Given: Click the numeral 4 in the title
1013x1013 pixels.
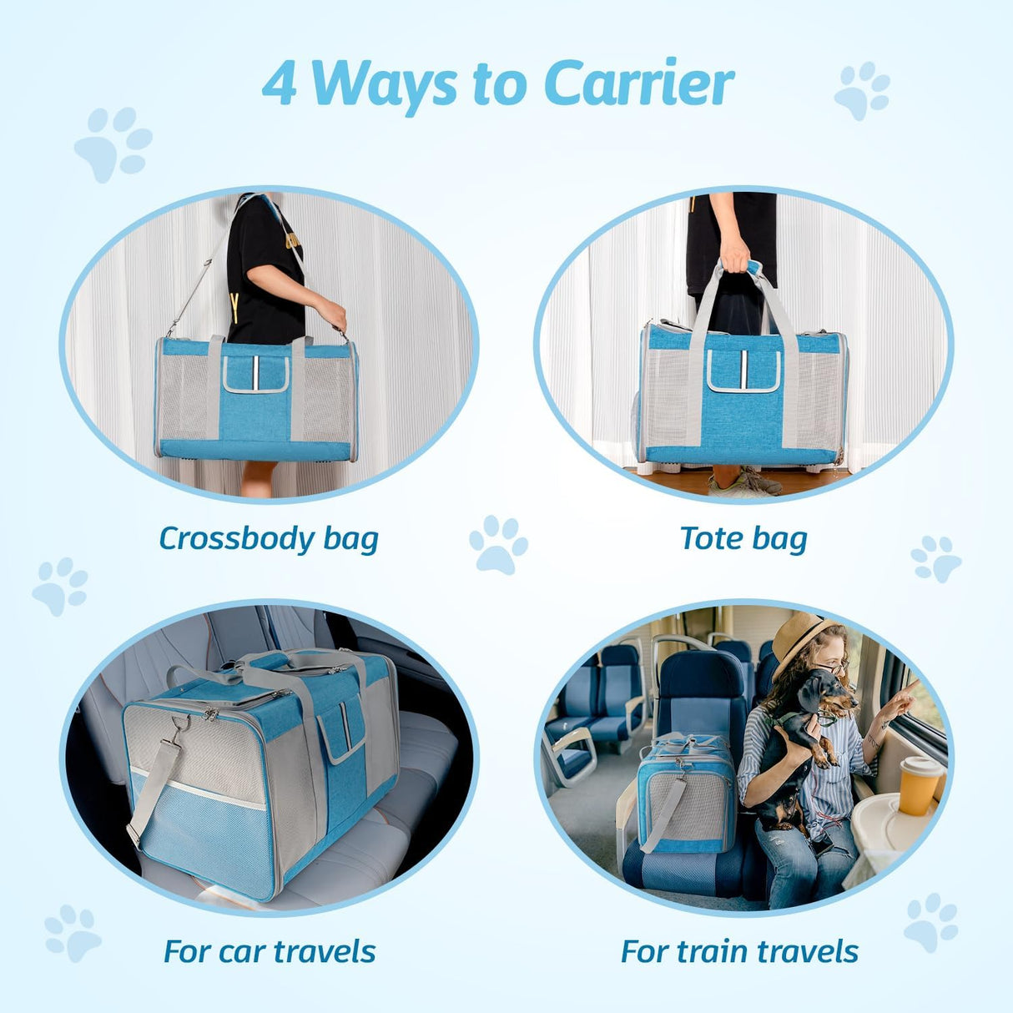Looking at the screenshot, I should pyautogui.click(x=280, y=86).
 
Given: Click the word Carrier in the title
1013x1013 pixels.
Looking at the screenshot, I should pyautogui.click(x=638, y=84).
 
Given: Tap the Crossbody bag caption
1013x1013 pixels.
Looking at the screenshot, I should pyautogui.click(x=269, y=538).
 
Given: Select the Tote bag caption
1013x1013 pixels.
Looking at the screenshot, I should pyautogui.click(x=743, y=538).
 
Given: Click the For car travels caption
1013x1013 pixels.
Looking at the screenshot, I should pyautogui.click(x=270, y=951).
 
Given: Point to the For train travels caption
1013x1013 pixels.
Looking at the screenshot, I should pyautogui.click(x=739, y=951).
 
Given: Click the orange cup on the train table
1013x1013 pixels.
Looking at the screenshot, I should pyautogui.click(x=918, y=784).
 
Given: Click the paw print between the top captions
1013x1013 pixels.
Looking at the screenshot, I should pyautogui.click(x=498, y=544).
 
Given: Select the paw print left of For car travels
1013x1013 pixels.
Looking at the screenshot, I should pyautogui.click(x=73, y=932).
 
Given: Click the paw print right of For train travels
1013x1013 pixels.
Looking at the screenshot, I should pyautogui.click(x=931, y=921).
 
